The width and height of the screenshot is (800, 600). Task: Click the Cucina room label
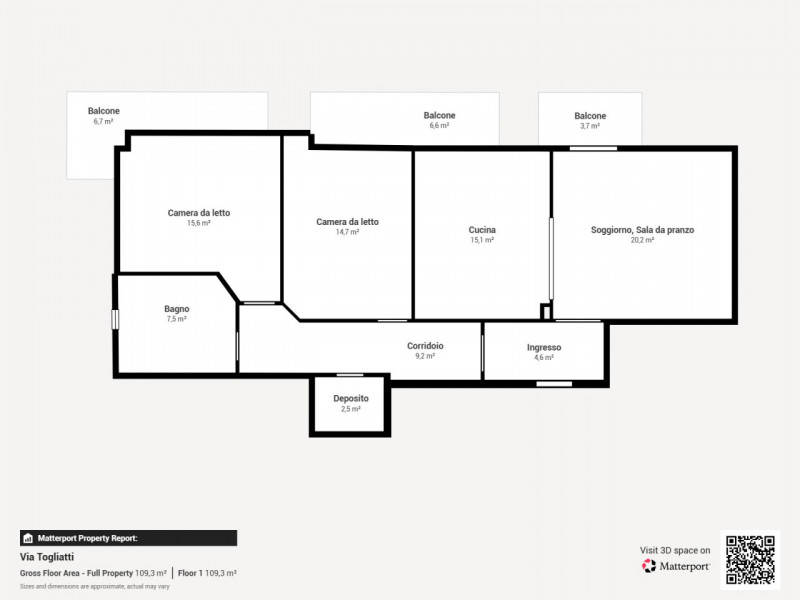coord(482,230)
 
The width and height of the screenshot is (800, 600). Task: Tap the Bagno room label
coord(177,309)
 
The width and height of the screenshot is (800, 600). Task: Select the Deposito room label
coord(351,398)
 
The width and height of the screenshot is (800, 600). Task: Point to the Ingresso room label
coord(544,347)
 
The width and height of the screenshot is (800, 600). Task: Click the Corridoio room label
coord(425,346)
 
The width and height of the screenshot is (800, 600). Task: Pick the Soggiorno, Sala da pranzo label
coord(642,230)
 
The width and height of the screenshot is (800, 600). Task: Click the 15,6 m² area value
coord(198,223)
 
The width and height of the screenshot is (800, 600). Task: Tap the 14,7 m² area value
coord(347,232)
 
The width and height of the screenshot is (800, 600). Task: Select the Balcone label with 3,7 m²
coord(590,116)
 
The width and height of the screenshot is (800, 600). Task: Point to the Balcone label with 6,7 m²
coord(104,111)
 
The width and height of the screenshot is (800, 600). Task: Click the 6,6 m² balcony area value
coord(439,126)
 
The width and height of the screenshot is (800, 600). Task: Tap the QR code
coord(751,560)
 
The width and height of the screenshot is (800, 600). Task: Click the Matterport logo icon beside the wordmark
coord(649,566)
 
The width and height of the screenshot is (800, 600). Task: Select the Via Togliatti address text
coord(47,557)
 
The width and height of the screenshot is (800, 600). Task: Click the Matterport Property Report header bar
coord(129,538)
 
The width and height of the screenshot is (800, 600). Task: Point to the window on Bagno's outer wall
coord(115,319)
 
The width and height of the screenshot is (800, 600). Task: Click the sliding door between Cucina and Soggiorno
coord(551,259)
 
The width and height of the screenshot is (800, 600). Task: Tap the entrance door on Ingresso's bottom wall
coord(554,384)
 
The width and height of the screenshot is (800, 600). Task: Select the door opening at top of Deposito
coord(350,376)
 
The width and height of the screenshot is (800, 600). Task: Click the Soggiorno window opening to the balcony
coord(593,148)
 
